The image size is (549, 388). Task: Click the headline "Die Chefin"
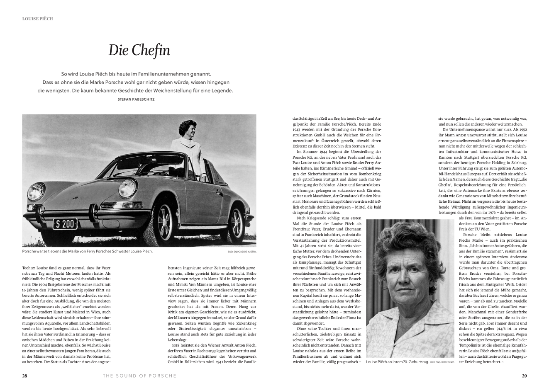[139, 50]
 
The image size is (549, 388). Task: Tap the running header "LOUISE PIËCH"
[38, 19]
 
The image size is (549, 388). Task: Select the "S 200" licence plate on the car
[65, 224]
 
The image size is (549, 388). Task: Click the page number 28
[25, 376]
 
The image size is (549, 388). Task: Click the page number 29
[524, 376]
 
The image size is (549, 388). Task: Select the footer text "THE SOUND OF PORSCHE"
[139, 376]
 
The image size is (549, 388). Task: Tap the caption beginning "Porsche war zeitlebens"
[87, 251]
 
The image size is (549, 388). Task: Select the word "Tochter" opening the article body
[30, 268]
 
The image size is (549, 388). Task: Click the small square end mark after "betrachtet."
[503, 363]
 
